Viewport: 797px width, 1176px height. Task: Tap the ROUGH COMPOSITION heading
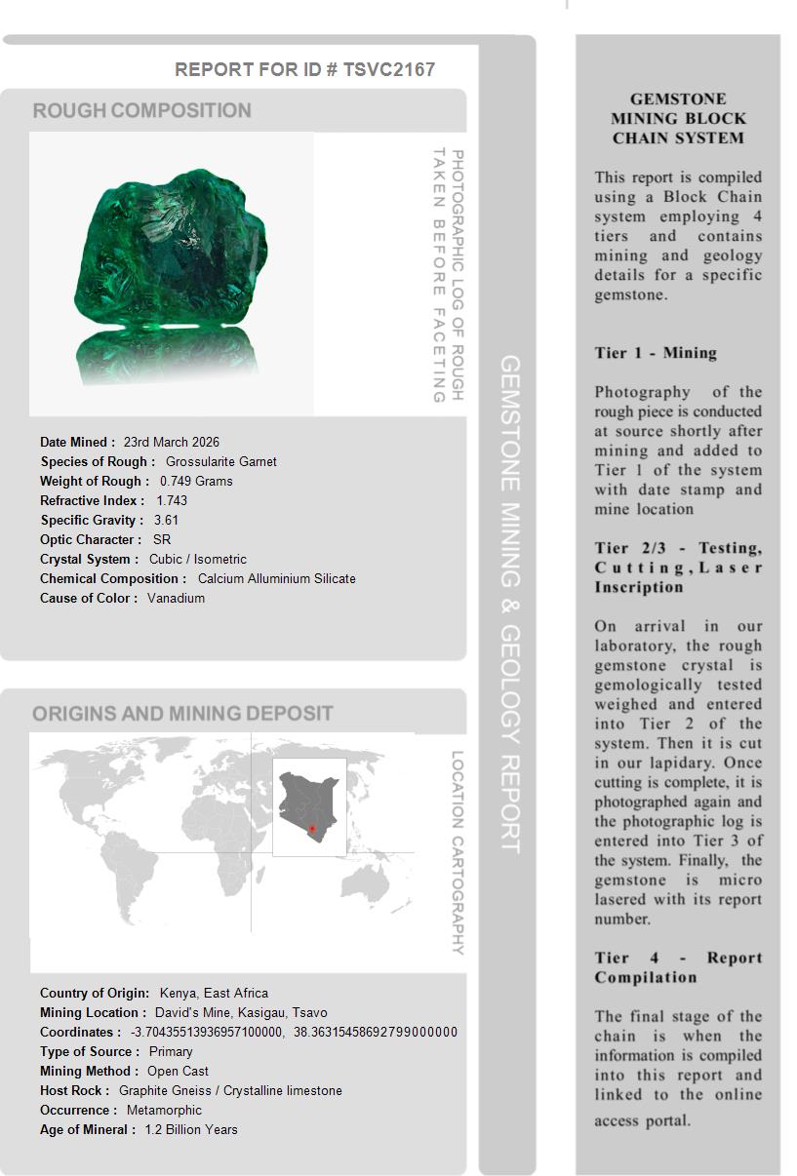(141, 110)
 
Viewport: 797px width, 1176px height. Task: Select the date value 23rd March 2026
(171, 442)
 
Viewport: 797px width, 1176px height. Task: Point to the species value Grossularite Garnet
(220, 461)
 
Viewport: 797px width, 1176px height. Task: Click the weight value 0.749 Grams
(196, 481)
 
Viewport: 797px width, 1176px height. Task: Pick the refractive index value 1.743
(172, 500)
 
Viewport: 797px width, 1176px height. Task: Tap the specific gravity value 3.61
(166, 520)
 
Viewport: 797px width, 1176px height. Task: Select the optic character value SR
(161, 539)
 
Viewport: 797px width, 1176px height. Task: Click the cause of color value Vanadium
(176, 598)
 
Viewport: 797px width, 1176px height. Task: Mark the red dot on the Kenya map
(312, 829)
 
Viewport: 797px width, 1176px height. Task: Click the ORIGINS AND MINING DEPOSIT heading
(182, 713)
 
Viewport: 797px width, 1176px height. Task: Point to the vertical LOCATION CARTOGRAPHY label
(457, 852)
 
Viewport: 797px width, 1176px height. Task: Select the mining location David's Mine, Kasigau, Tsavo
(241, 1012)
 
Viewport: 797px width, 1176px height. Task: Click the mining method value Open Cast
(178, 1071)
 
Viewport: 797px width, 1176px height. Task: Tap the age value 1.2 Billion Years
(190, 1129)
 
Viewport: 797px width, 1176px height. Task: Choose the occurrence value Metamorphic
(164, 1110)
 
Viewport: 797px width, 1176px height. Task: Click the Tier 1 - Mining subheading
(656, 353)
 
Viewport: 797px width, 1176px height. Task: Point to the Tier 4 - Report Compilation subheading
(678, 967)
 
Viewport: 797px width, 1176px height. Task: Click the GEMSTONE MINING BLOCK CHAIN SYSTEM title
(678, 118)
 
